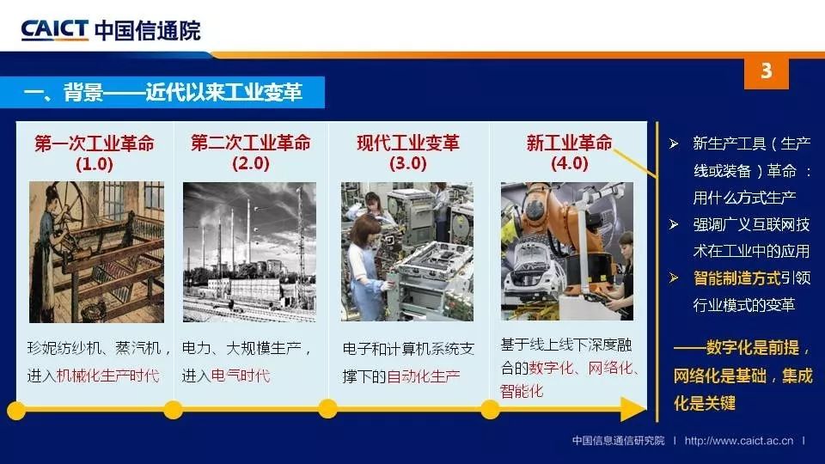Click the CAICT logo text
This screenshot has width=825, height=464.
[54, 29]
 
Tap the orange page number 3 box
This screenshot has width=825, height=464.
[766, 72]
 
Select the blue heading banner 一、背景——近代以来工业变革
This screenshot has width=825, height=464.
[162, 93]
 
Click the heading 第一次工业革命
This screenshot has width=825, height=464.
[95, 143]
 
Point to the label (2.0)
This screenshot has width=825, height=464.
[250, 163]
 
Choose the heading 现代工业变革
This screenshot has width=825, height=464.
[407, 143]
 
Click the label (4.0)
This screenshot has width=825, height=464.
[569, 163]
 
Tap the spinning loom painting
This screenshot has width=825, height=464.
[96, 252]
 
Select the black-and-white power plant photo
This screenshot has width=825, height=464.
[249, 252]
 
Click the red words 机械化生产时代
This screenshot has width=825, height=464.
[107, 375]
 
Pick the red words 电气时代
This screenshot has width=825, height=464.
[241, 375]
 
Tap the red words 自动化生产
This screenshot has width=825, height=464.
[424, 376]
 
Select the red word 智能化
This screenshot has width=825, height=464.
[522, 391]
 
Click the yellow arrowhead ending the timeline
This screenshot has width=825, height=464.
[633, 409]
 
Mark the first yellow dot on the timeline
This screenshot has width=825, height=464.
[16, 411]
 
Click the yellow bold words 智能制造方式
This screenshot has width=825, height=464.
[736, 278]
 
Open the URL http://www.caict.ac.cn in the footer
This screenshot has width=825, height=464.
[739, 440]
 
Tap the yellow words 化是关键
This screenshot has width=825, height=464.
[705, 403]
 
